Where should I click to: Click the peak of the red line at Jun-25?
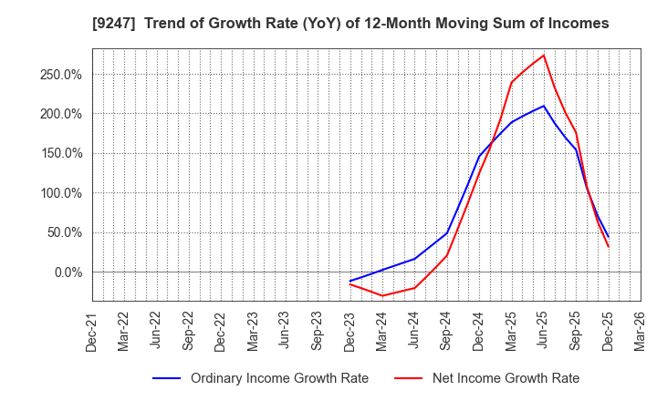[544, 55]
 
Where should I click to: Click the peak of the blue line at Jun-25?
[544, 106]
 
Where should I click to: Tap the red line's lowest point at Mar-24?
[382, 295]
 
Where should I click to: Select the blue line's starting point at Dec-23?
[349, 281]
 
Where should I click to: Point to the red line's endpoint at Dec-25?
[608, 246]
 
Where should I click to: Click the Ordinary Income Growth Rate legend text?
[279, 378]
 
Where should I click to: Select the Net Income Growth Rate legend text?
[505, 378]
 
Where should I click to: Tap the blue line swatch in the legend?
[166, 378]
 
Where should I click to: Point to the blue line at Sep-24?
[447, 232]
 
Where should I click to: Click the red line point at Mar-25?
[511, 83]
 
